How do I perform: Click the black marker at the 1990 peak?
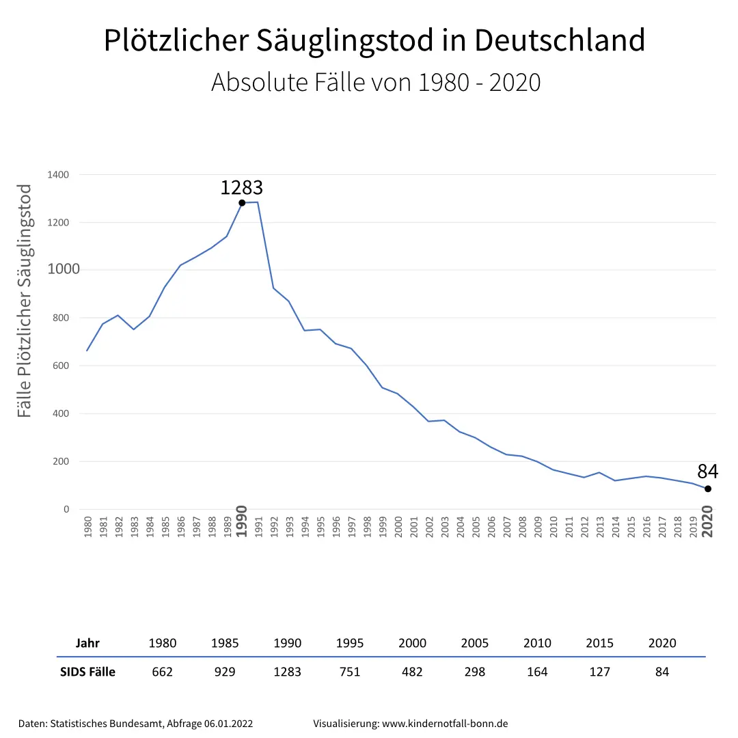pyautogui.click(x=242, y=202)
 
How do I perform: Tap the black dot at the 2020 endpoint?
pyautogui.click(x=708, y=489)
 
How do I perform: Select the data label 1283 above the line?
pyautogui.click(x=241, y=187)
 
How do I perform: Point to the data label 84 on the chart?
pyautogui.click(x=708, y=471)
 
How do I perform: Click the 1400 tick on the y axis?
pyautogui.click(x=58, y=175)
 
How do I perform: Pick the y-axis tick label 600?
pyautogui.click(x=60, y=366)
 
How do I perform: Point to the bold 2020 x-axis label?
pyautogui.click(x=708, y=522)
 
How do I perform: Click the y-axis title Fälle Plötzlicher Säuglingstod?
pyautogui.click(x=25, y=301)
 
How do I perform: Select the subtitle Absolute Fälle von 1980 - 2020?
pyautogui.click(x=376, y=82)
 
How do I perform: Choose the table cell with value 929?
pyautogui.click(x=225, y=672)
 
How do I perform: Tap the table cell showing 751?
pyautogui.click(x=349, y=672)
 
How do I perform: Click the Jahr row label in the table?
pyautogui.click(x=87, y=643)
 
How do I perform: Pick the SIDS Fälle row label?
pyautogui.click(x=87, y=672)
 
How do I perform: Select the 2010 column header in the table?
pyautogui.click(x=537, y=643)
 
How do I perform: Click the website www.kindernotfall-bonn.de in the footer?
pyautogui.click(x=445, y=723)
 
